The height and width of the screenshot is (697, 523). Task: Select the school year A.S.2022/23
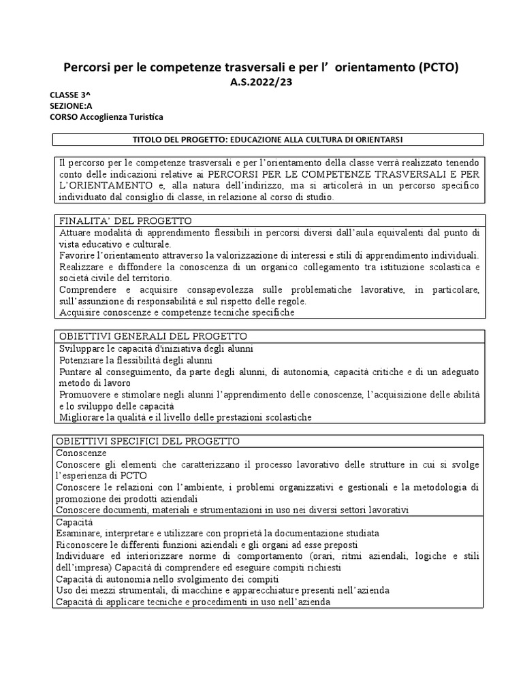pyautogui.click(x=261, y=82)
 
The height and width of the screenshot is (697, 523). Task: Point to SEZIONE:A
pyautogui.click(x=71, y=106)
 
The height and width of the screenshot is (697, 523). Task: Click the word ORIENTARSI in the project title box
pyautogui.click(x=373, y=140)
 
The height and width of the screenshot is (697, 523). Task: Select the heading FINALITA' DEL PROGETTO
pyautogui.click(x=125, y=221)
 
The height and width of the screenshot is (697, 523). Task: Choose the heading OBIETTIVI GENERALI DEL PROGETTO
pyautogui.click(x=153, y=336)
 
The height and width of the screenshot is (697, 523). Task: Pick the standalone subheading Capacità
pyautogui.click(x=76, y=521)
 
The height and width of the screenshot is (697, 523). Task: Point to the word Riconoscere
pyautogui.click(x=84, y=545)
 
